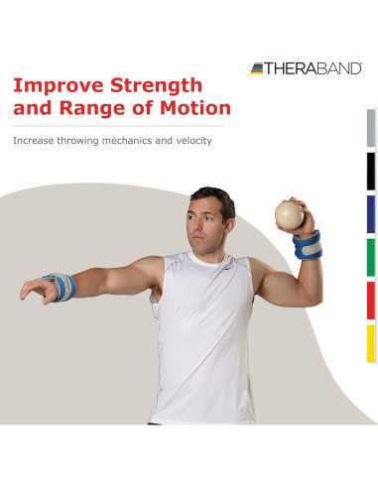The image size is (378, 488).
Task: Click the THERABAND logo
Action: point(307,67)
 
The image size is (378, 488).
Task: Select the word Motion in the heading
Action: point(192,108)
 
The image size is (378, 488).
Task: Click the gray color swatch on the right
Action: point(371,128)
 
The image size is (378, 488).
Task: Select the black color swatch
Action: point(371,172)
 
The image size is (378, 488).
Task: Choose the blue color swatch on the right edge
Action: point(371,214)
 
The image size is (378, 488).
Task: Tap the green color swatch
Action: point(371,257)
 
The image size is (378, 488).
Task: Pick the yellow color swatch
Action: point(371,343)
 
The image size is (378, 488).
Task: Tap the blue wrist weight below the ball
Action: point(308,245)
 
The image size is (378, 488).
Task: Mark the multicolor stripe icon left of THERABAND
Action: point(258,67)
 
